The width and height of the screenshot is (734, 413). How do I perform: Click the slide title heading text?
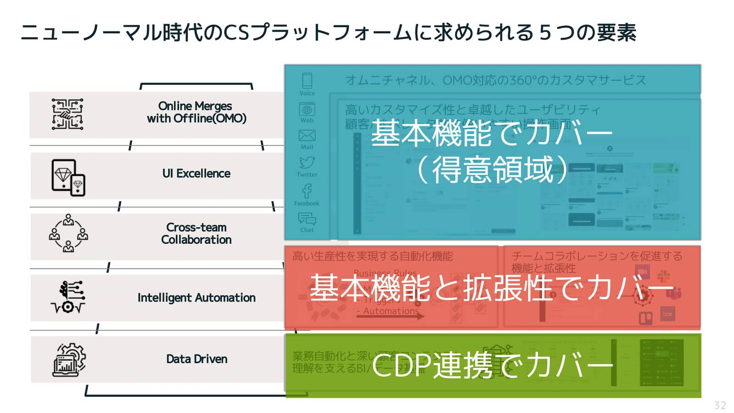(328, 33)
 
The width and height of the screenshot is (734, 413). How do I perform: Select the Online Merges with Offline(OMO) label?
(196, 112)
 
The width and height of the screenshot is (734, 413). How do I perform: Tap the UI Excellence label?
(196, 173)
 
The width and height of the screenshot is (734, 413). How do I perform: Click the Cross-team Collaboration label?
(196, 234)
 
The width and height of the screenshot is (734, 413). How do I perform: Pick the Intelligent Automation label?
(196, 298)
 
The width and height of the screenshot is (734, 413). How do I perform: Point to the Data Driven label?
(196, 359)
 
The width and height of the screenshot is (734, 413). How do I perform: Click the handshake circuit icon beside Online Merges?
(67, 114)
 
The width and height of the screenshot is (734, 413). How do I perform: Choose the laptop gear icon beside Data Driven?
(69, 360)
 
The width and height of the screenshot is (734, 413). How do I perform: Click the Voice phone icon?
(307, 81)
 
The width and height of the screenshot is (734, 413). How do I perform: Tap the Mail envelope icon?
(307, 135)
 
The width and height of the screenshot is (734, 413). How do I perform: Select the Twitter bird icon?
(307, 162)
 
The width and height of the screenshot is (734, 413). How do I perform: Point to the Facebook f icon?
(307, 190)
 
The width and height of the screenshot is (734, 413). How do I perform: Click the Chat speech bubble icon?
(307, 218)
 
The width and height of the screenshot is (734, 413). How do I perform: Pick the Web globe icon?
(307, 109)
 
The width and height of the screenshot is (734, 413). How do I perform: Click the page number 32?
(720, 405)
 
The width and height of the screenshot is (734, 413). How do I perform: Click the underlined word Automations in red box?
(391, 311)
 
